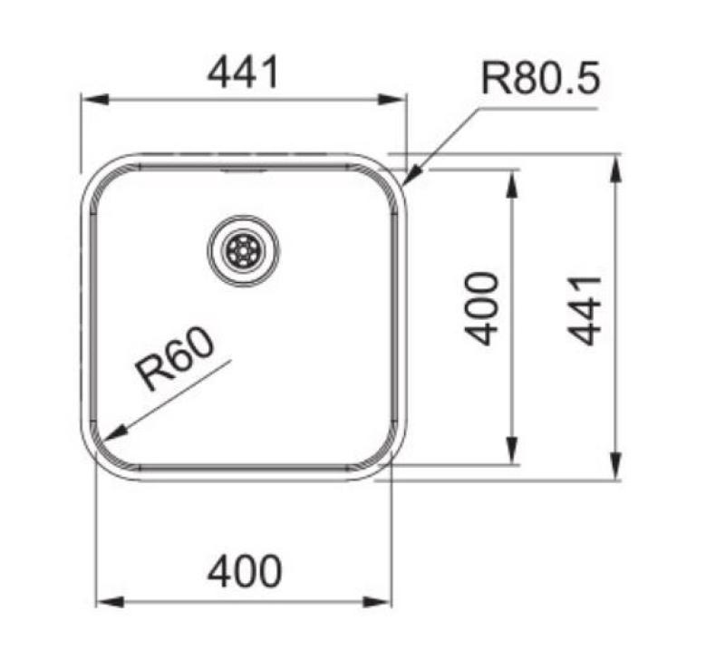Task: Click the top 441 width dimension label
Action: coord(244,72)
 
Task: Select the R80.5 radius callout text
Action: coord(540,79)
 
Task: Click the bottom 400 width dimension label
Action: coord(245,572)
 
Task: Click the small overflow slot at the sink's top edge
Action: coord(243,169)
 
